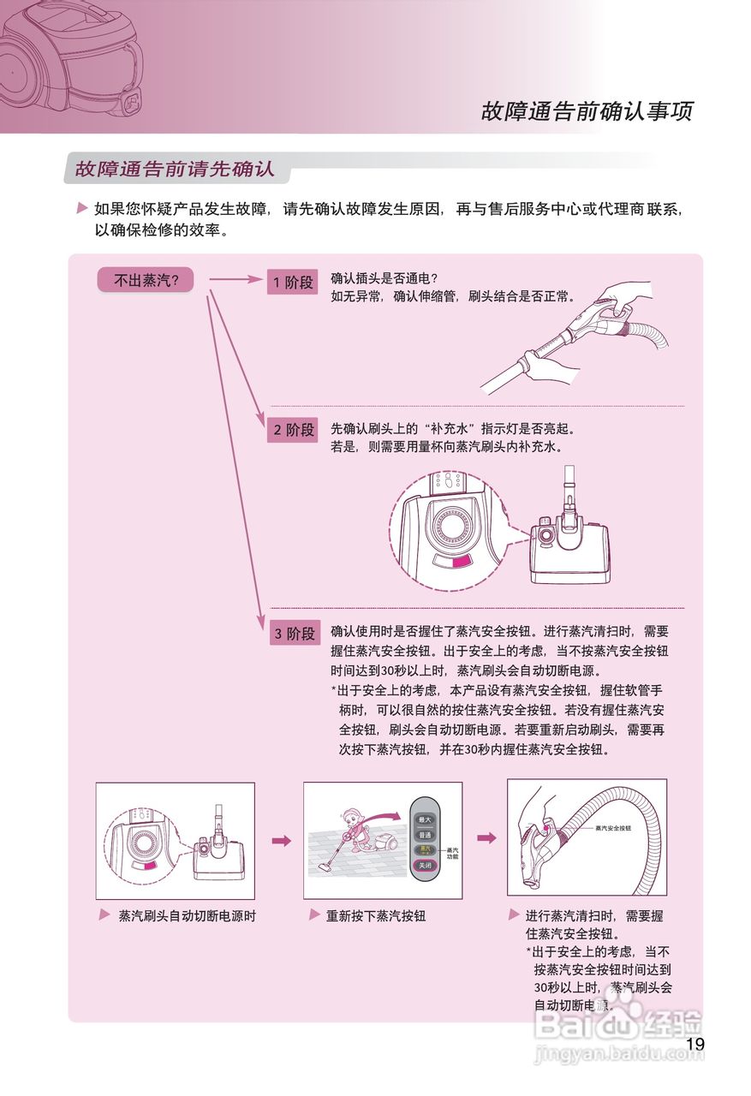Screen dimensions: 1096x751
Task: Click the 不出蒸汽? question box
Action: point(145,280)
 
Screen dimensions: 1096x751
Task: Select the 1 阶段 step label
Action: point(293,282)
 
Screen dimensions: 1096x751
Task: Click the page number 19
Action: point(694,1044)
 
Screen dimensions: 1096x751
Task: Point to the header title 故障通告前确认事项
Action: point(587,111)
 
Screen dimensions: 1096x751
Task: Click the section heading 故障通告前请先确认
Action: point(175,169)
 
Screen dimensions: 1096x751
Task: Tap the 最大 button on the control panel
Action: point(424,819)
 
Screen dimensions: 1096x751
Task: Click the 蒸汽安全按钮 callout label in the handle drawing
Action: point(612,829)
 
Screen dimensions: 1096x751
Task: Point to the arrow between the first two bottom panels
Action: point(281,841)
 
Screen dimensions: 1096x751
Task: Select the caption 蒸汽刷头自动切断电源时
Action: point(187,915)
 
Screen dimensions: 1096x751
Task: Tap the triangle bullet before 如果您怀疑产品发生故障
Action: point(81,208)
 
